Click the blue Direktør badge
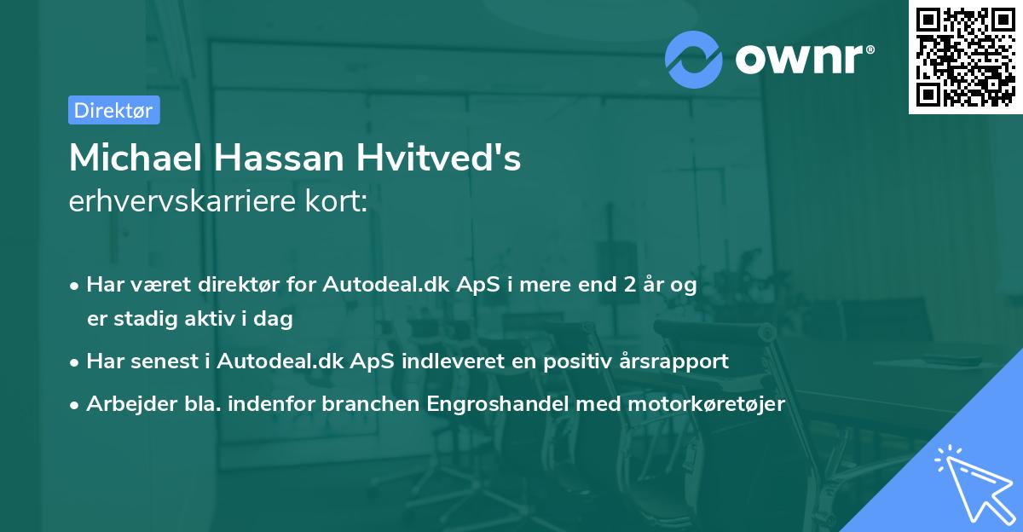(113, 110)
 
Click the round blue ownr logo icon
(694, 59)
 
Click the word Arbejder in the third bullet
(123, 404)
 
